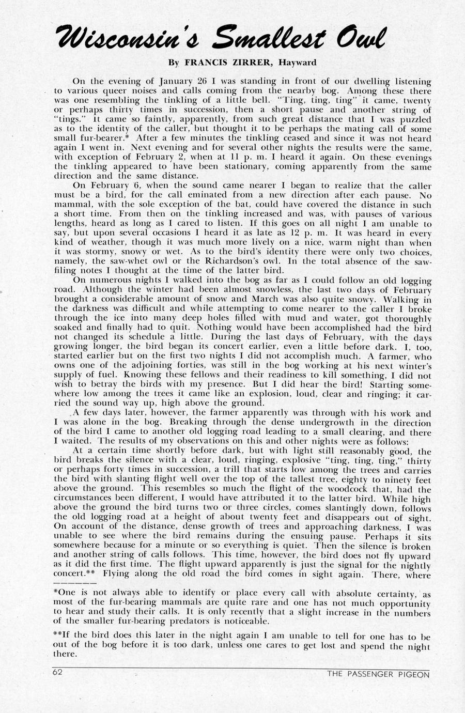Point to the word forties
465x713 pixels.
point(158,366)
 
